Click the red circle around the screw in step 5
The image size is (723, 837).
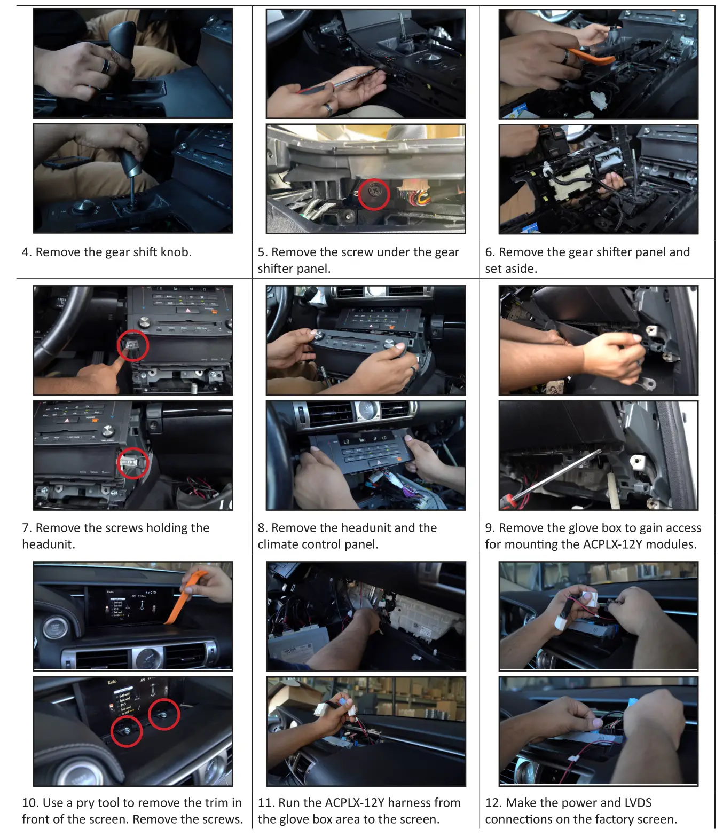(374, 194)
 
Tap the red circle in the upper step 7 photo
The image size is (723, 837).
(132, 345)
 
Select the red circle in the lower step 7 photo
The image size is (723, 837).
(132, 463)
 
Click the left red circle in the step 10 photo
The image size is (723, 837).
(127, 731)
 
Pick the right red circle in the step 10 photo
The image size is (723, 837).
(163, 714)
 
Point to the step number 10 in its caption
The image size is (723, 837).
(29, 802)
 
